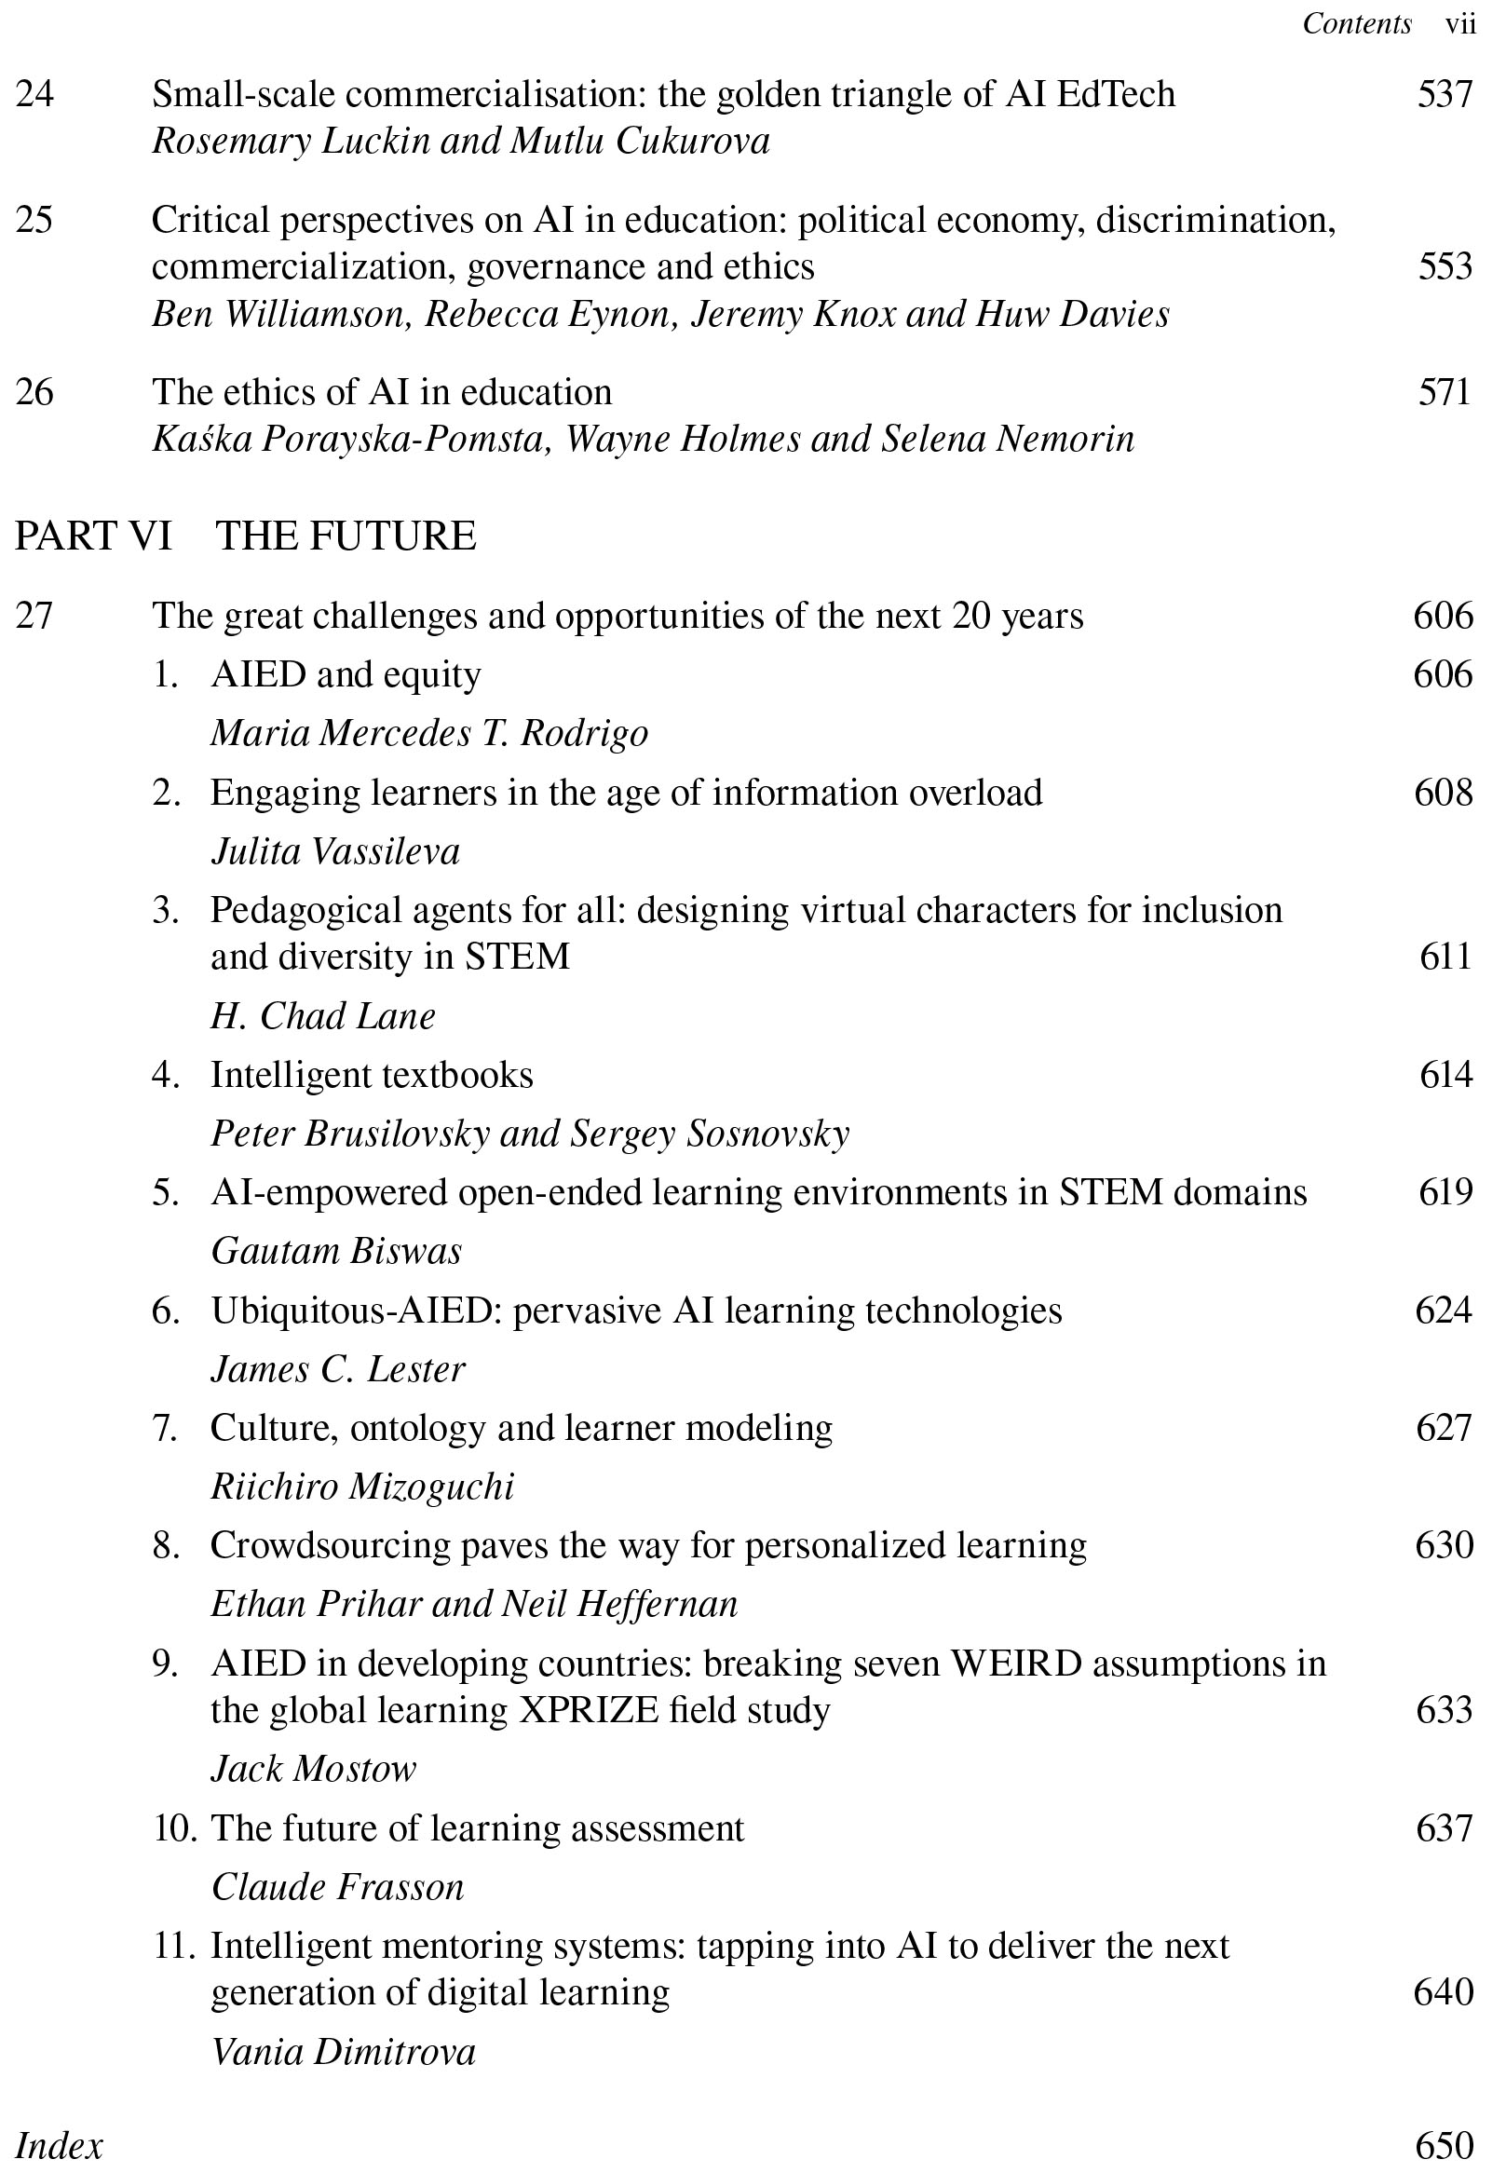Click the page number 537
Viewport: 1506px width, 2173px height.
point(1444,94)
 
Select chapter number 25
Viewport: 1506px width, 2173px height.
point(34,220)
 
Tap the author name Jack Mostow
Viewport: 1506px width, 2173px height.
point(313,1769)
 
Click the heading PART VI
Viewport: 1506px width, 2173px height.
point(93,536)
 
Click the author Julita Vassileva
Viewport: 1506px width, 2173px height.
point(336,852)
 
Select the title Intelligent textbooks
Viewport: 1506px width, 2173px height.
point(372,1075)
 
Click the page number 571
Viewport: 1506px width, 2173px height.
point(1444,392)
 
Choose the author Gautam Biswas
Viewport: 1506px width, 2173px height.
point(337,1251)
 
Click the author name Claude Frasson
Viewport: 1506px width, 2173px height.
point(338,1887)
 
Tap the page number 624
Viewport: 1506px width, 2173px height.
point(1444,1311)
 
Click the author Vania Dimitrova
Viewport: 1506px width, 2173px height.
point(344,2052)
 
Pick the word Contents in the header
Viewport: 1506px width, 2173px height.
point(1357,23)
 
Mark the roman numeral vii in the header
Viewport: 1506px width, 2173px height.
point(1460,23)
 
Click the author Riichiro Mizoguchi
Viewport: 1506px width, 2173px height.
point(362,1487)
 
